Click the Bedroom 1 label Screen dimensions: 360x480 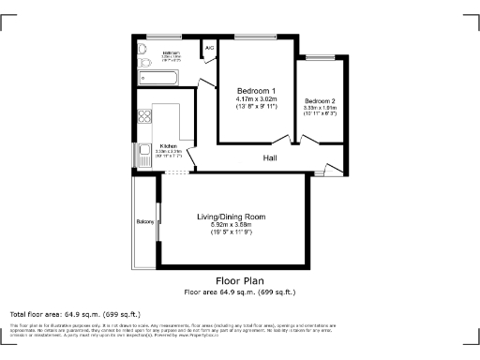[256, 90]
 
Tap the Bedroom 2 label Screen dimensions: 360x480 [319, 100]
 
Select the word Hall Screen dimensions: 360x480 [269, 158]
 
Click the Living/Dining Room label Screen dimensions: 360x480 [237, 217]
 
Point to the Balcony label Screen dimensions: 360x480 [144, 221]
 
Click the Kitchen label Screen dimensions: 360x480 [168, 146]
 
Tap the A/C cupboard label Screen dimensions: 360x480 [209, 46]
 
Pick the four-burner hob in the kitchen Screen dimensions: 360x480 [145, 117]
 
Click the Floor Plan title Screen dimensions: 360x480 [240, 280]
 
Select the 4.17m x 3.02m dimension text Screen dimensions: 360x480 [256, 98]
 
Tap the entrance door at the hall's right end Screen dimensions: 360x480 [331, 170]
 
